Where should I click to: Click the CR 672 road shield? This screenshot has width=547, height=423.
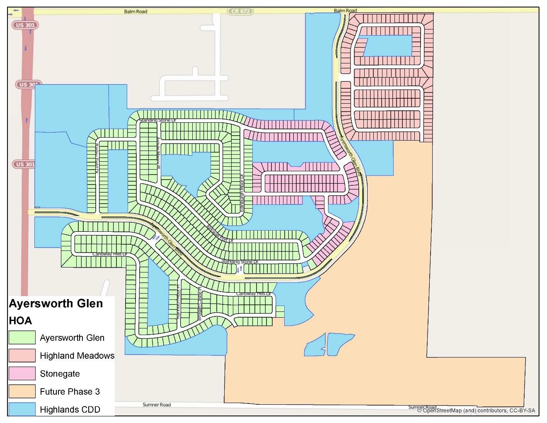(x=240, y=11)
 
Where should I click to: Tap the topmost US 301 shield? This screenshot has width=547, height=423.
(x=25, y=25)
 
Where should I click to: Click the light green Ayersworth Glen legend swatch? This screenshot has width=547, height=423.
(x=22, y=338)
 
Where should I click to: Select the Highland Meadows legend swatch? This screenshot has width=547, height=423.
(x=22, y=355)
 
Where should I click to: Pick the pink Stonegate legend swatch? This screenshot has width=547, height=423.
(x=22, y=374)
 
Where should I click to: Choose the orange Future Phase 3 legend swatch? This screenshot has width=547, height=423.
(x=22, y=391)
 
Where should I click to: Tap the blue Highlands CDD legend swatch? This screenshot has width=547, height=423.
(x=22, y=409)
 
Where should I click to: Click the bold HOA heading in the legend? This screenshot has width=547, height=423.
(x=20, y=321)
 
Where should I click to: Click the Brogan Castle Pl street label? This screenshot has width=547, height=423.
(x=200, y=304)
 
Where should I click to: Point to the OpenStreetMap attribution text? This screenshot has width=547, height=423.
(x=476, y=411)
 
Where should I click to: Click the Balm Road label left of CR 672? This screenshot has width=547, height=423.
(x=136, y=11)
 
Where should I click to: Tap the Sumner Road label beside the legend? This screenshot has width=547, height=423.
(x=157, y=404)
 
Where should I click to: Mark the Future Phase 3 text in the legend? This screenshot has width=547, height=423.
(x=70, y=391)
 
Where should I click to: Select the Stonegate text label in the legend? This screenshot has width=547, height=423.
(x=60, y=374)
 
